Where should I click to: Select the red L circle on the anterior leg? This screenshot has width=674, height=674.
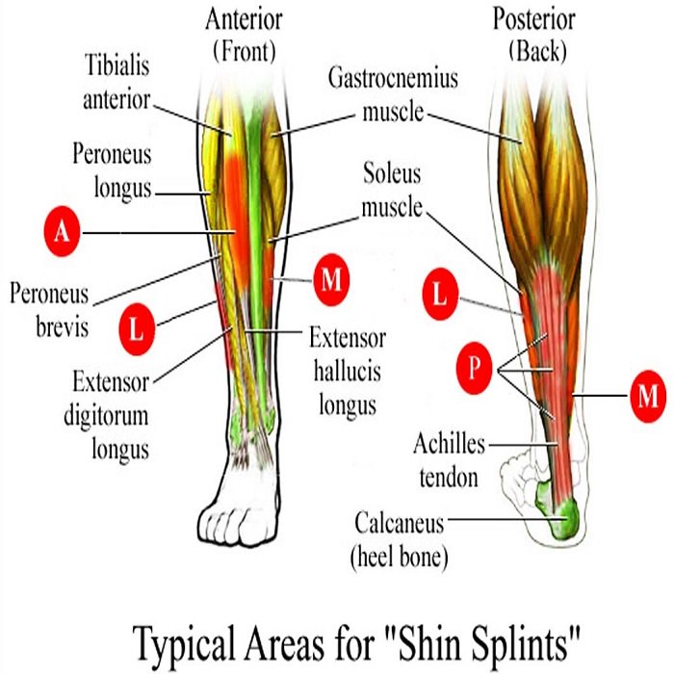click(137, 329)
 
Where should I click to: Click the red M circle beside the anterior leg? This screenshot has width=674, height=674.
click(330, 280)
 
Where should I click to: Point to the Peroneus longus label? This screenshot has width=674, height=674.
click(112, 169)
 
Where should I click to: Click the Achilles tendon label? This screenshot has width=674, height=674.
click(449, 459)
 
